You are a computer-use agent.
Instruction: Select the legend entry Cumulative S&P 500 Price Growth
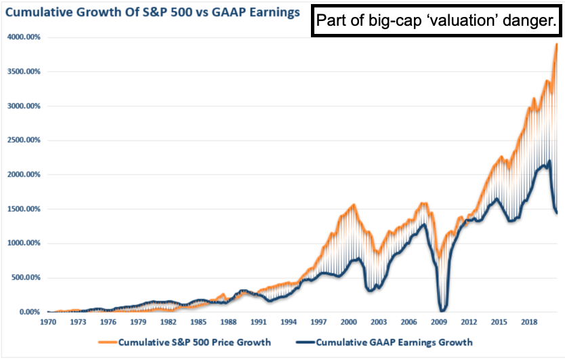point(194,342)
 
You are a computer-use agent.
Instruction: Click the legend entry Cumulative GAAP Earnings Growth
point(394,342)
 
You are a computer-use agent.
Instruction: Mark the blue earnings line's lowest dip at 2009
point(442,310)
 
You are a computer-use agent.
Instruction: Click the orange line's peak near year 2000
point(353,205)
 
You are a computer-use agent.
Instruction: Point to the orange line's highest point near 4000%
point(556,44)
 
